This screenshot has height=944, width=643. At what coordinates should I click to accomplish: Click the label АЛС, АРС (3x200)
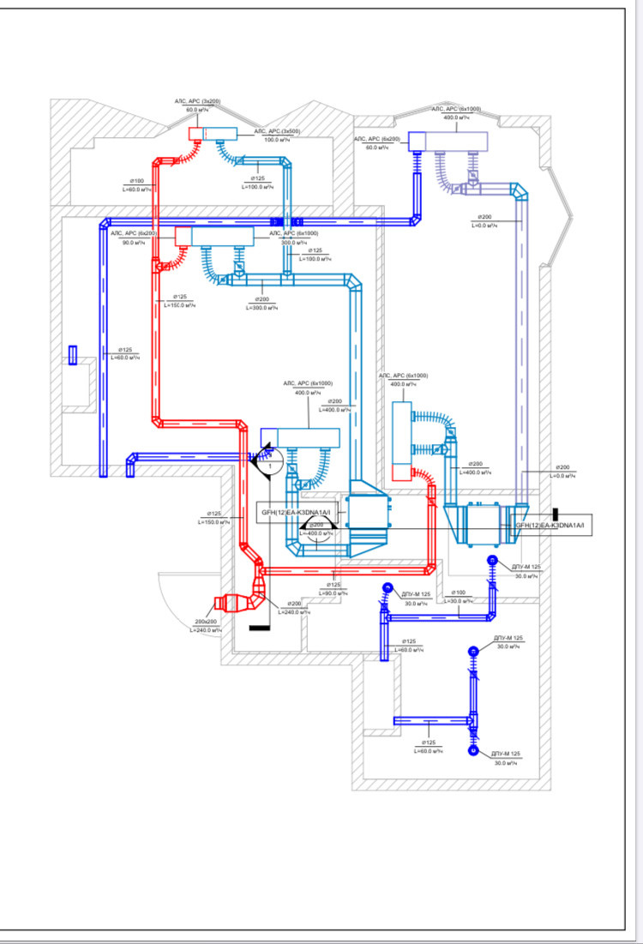(x=198, y=102)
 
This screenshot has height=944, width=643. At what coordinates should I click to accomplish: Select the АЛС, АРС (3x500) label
(x=276, y=131)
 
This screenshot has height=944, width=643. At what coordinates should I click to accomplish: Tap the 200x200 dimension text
(x=206, y=621)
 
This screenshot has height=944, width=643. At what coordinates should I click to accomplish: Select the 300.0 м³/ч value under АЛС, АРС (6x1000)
(x=294, y=242)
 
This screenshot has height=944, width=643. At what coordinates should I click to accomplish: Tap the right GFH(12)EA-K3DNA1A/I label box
(x=550, y=525)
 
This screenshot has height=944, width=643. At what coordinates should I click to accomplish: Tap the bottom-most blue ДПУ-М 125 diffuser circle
(x=473, y=751)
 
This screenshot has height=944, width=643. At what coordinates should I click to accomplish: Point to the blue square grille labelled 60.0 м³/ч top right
(x=418, y=139)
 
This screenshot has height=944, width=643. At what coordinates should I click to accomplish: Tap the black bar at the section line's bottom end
(x=257, y=628)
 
